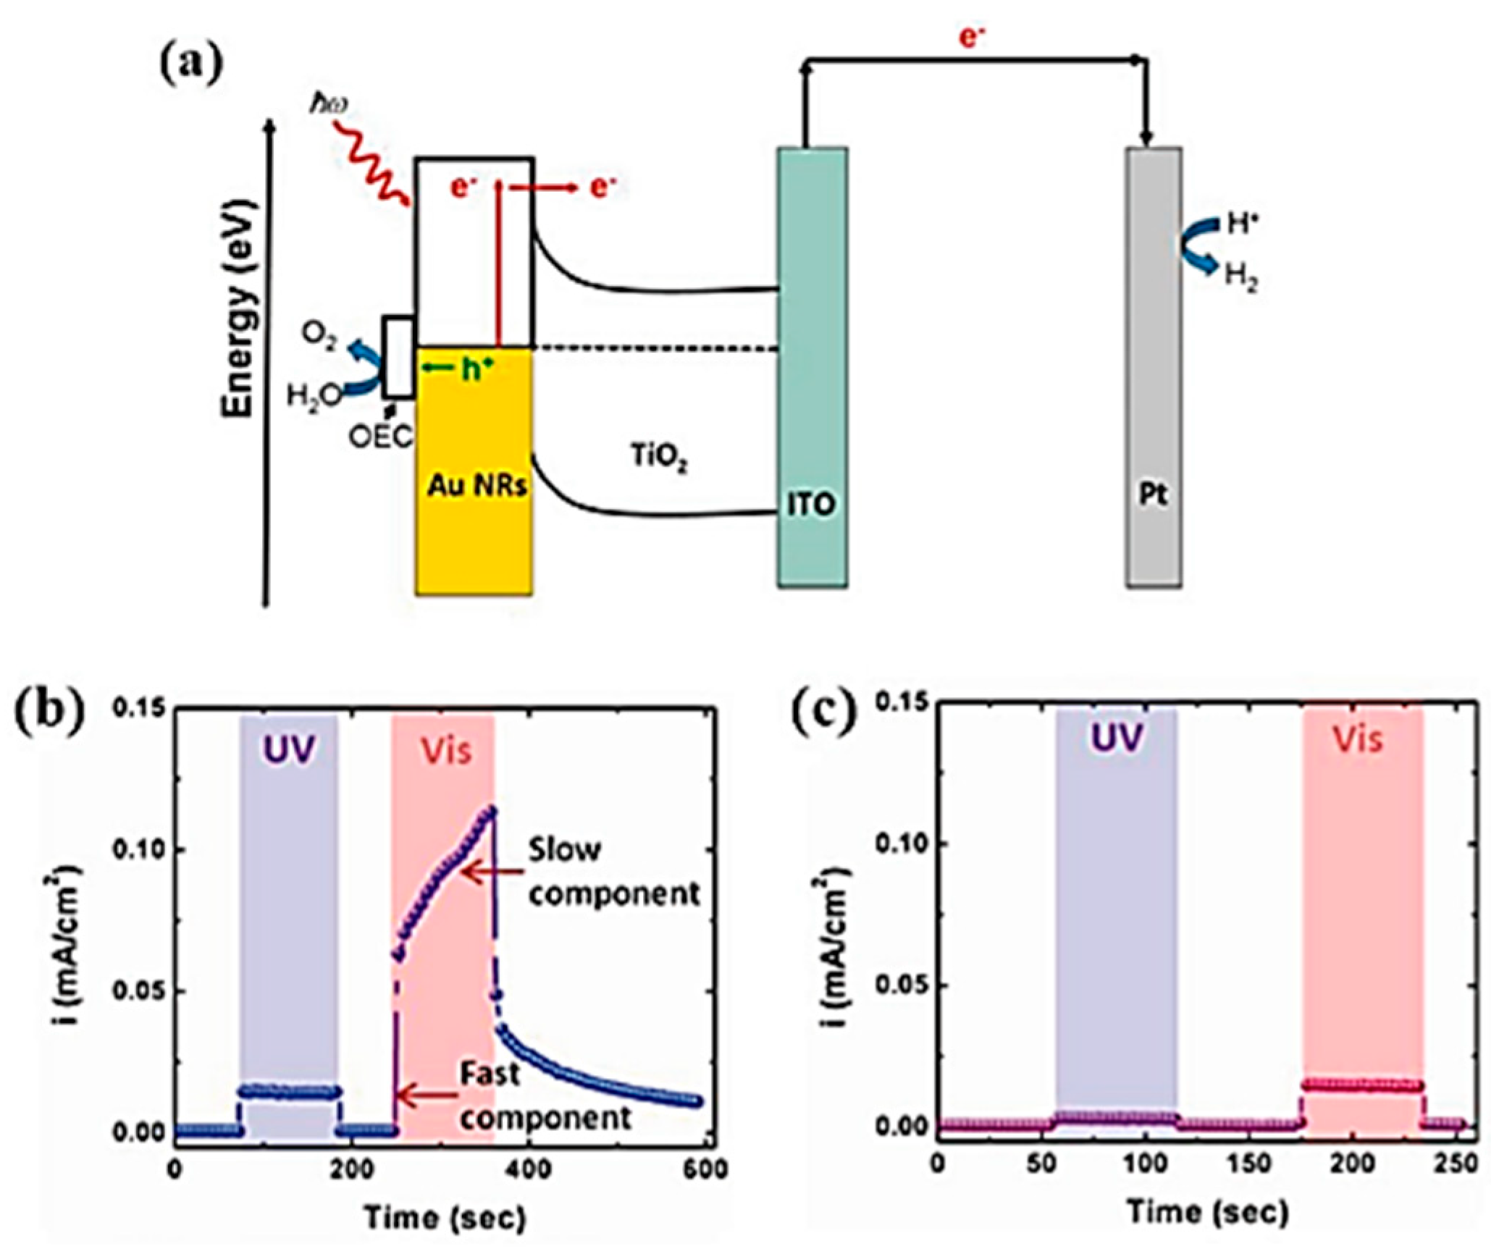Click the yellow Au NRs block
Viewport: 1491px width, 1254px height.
coord(474,521)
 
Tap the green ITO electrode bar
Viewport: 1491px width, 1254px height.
coord(812,362)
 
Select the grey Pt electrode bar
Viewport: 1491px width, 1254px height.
coord(1154,362)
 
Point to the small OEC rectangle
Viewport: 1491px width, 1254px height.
coord(398,357)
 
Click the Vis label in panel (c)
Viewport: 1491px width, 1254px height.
coord(1358,740)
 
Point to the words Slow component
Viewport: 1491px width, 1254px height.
coord(613,872)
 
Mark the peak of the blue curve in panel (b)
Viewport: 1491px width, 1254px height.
coord(492,809)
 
